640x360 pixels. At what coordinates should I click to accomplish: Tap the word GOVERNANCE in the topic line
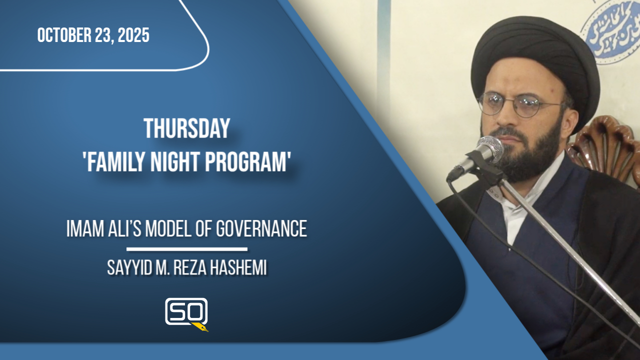pyautogui.click(x=261, y=229)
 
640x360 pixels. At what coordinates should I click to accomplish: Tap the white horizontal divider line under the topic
pyautogui.click(x=186, y=248)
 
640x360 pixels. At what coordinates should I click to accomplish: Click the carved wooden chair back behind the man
pyautogui.click(x=610, y=145)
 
